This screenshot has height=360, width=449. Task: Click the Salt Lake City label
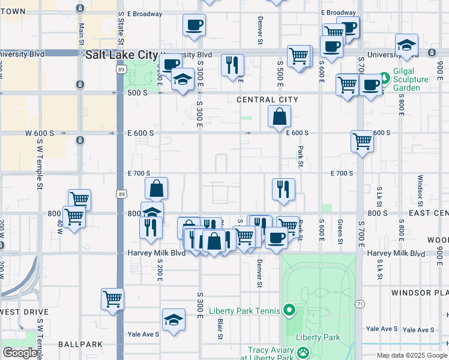pyautogui.click(x=122, y=54)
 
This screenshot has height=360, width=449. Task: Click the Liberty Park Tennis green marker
pyautogui.click(x=289, y=310)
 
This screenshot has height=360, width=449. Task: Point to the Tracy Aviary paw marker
pyautogui.click(x=304, y=353)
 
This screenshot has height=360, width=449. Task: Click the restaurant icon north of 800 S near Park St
pyautogui.click(x=283, y=189)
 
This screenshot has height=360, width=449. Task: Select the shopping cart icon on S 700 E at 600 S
pyautogui.click(x=363, y=142)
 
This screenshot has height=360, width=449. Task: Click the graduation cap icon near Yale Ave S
pyautogui.click(x=173, y=319)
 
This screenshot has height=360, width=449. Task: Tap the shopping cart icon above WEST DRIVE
pyautogui.click(x=113, y=298)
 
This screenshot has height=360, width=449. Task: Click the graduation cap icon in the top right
pyautogui.click(x=406, y=45)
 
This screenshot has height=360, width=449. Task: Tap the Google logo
pyautogui.click(x=20, y=353)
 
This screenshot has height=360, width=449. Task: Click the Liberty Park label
pyautogui.click(x=318, y=337)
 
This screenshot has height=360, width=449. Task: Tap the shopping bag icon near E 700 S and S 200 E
pyautogui.click(x=156, y=188)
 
